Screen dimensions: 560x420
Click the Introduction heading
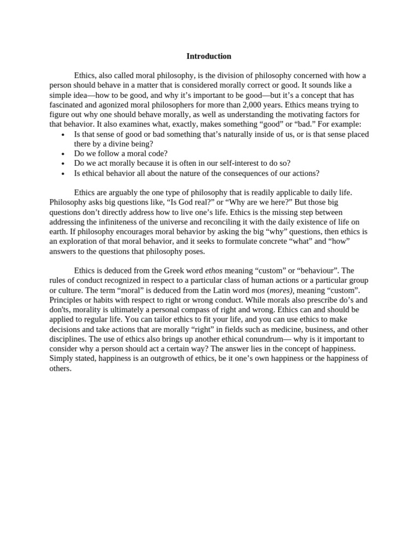(209, 56)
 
